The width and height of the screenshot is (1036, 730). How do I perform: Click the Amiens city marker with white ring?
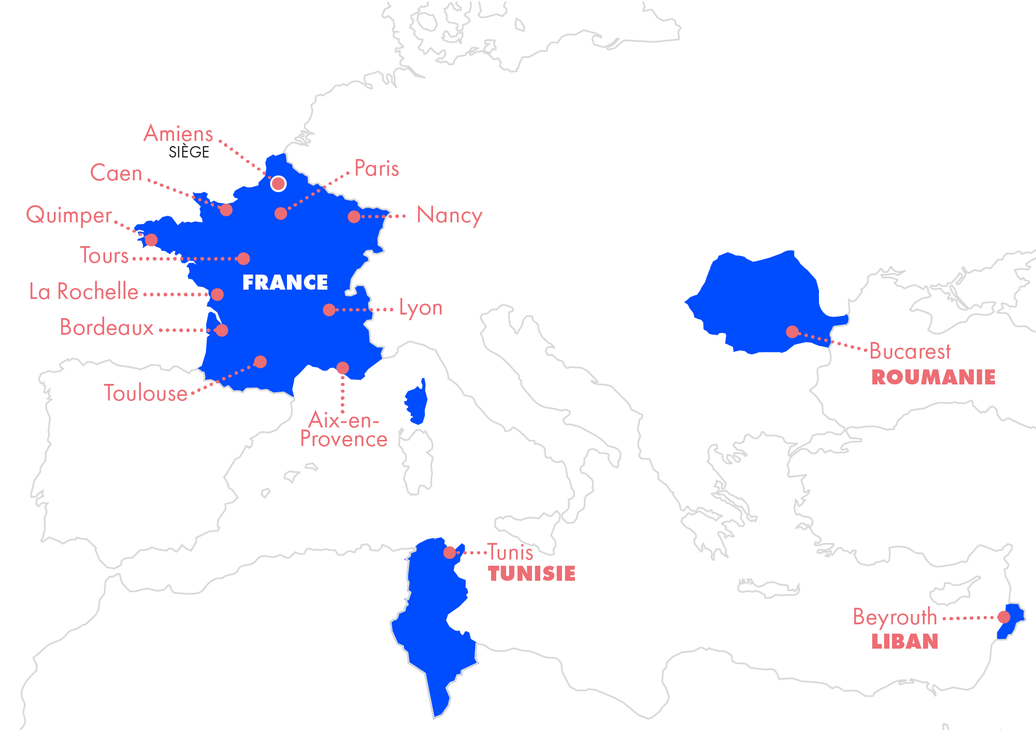pyautogui.click(x=278, y=183)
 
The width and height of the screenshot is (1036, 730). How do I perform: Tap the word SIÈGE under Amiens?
pyautogui.click(x=189, y=152)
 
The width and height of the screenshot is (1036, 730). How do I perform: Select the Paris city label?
pyautogui.click(x=377, y=169)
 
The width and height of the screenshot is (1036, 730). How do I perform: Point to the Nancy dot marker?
pyautogui.click(x=354, y=217)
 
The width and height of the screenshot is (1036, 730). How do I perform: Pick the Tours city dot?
pyautogui.click(x=243, y=258)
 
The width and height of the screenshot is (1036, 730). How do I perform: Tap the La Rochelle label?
pyautogui.click(x=84, y=292)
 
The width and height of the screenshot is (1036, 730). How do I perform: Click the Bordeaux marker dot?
pyautogui.click(x=222, y=330)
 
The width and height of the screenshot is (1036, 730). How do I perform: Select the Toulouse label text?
pyautogui.click(x=145, y=393)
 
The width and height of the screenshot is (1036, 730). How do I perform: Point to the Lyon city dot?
pyautogui.click(x=329, y=310)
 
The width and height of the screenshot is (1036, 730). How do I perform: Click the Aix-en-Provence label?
pyautogui.click(x=343, y=430)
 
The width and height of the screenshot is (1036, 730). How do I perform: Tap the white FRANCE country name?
pyautogui.click(x=285, y=282)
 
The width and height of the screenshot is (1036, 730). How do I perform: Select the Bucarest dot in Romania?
pyautogui.click(x=792, y=332)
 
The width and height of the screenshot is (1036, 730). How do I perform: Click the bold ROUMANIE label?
pyautogui.click(x=933, y=377)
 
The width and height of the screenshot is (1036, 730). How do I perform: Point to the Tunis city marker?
pyautogui.click(x=450, y=553)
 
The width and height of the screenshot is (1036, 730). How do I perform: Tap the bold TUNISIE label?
pyautogui.click(x=531, y=574)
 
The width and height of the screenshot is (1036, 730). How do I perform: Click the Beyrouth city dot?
pyautogui.click(x=1004, y=617)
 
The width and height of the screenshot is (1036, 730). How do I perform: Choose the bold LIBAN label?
pyautogui.click(x=904, y=642)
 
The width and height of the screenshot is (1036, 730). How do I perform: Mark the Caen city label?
pyautogui.click(x=116, y=173)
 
